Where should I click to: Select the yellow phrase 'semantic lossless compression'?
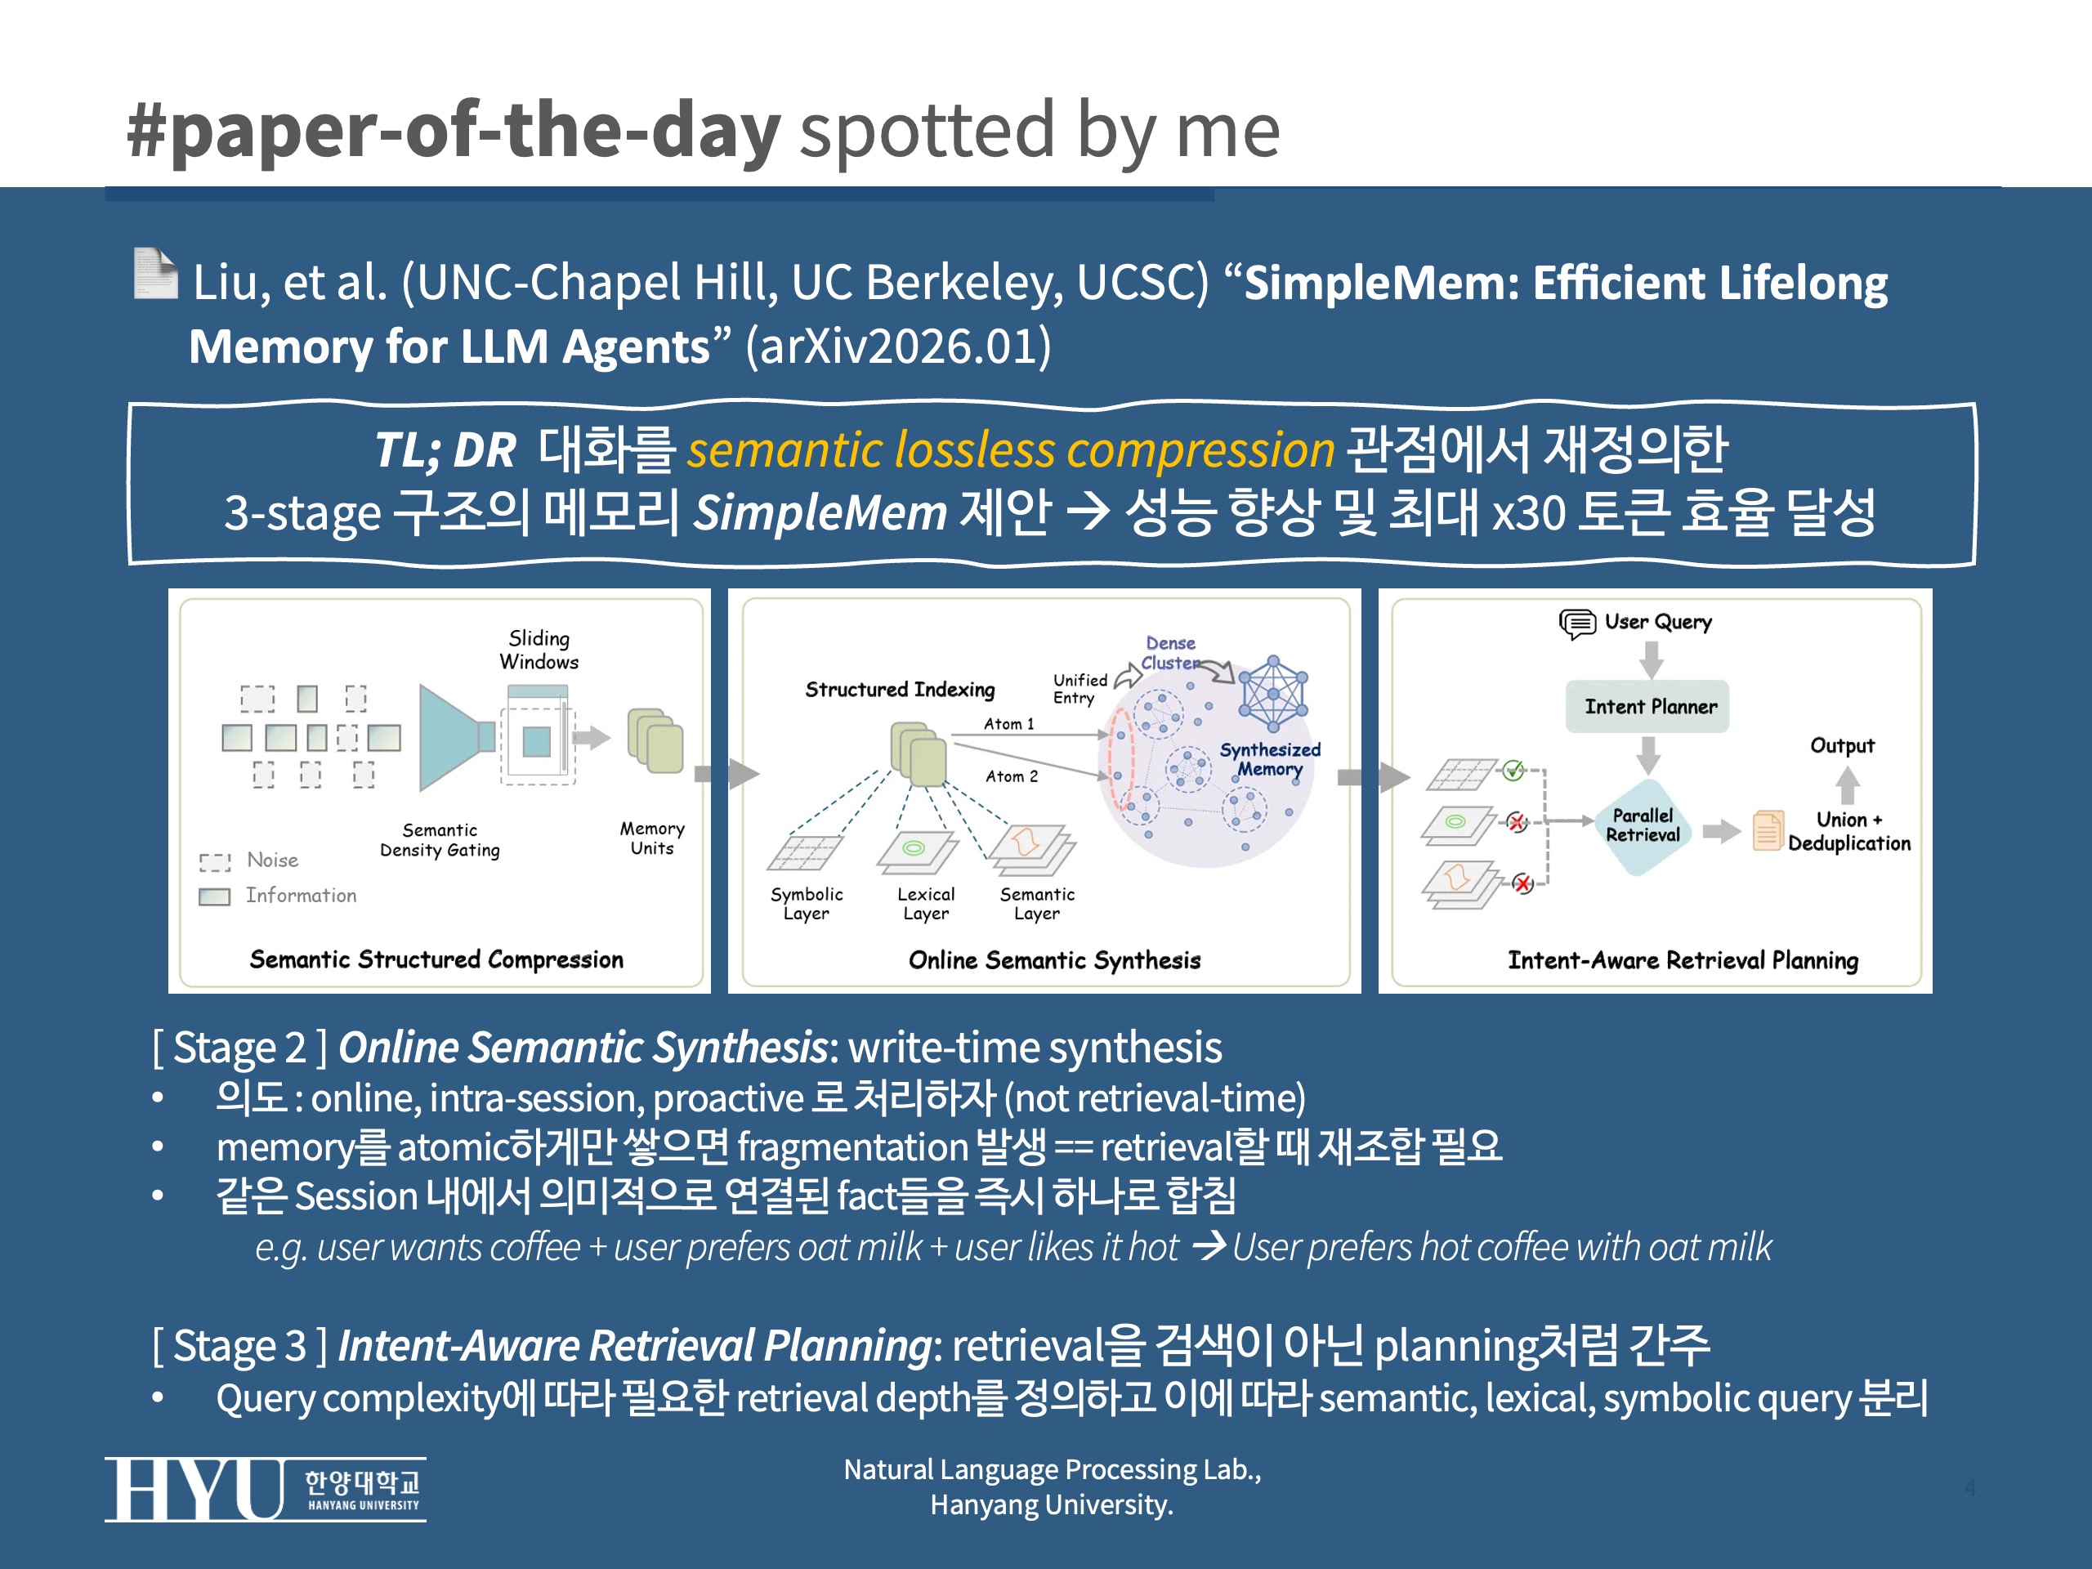coord(1010,449)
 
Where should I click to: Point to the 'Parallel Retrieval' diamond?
coord(1643,825)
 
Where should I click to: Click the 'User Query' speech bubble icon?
coord(1576,624)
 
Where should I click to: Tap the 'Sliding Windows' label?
coord(539,650)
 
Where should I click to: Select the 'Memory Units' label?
coord(651,838)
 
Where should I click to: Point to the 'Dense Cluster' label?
coord(1170,653)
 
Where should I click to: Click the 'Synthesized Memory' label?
coord(1269,759)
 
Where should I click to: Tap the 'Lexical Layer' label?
coord(925,903)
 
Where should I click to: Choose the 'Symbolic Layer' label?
coord(806,903)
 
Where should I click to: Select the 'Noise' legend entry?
coord(271,860)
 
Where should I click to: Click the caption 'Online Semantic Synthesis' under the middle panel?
coord(1053,960)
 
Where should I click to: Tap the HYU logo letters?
coord(194,1490)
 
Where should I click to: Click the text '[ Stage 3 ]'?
coord(239,1346)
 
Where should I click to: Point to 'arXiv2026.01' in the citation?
coord(898,346)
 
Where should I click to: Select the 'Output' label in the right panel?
coord(1841,745)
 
